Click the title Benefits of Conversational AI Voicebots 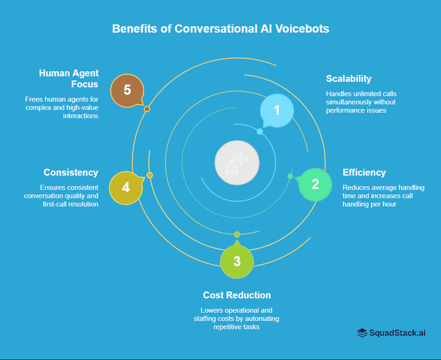[x=220, y=29]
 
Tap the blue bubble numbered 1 [x=277, y=110]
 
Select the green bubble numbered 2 [x=315, y=184]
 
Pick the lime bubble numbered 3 [x=237, y=262]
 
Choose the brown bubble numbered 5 [x=127, y=90]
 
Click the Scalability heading [x=349, y=79]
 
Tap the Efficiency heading [x=364, y=173]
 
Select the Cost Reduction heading [x=237, y=295]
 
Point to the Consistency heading [x=71, y=172]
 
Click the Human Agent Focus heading [x=69, y=79]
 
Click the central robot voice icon [x=237, y=163]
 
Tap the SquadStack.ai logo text [x=397, y=333]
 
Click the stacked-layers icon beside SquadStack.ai [x=362, y=333]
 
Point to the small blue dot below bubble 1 [x=260, y=131]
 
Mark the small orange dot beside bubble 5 [x=147, y=109]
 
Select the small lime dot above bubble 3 [x=237, y=234]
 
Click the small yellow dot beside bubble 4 [x=149, y=175]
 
